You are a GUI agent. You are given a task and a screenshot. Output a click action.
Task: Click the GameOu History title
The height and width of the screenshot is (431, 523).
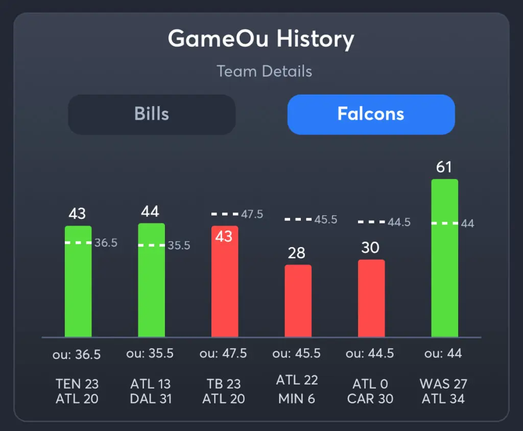pyautogui.click(x=261, y=39)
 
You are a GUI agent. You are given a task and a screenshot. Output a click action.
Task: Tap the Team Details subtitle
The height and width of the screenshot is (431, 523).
pyautogui.click(x=264, y=71)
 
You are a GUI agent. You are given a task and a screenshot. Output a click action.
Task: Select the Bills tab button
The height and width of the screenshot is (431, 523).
pyautogui.click(x=152, y=114)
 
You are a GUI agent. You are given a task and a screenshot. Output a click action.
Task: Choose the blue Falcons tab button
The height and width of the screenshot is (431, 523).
pyautogui.click(x=371, y=114)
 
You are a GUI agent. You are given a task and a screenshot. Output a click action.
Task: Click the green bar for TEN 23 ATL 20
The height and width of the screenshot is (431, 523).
pyautogui.click(x=78, y=286)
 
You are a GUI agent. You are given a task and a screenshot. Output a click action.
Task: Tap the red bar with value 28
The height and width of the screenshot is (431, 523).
pyautogui.click(x=298, y=302)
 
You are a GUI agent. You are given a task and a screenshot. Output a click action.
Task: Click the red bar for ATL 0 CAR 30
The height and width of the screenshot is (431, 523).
pyautogui.click(x=371, y=299)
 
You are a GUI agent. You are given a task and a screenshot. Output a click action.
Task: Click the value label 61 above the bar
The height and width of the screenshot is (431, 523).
pyautogui.click(x=444, y=167)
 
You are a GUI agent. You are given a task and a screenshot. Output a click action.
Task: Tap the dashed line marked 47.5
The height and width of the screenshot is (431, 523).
pyautogui.click(x=225, y=214)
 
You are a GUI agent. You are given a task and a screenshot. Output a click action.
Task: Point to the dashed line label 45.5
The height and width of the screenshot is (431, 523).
pyautogui.click(x=326, y=220)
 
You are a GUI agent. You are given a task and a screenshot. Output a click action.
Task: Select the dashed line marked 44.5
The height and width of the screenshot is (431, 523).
pyautogui.click(x=371, y=222)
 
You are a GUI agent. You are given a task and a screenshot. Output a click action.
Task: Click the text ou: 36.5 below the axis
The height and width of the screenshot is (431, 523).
pyautogui.click(x=78, y=354)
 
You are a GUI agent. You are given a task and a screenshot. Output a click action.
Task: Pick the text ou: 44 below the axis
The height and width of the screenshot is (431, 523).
pyautogui.click(x=443, y=353)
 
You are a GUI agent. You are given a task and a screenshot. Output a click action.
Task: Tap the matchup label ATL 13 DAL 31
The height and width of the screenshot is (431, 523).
pyautogui.click(x=151, y=391)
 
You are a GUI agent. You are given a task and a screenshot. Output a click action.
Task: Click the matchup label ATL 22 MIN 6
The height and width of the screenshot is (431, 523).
pyautogui.click(x=297, y=388)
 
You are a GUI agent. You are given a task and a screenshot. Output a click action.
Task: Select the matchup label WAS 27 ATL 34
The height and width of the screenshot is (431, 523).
pyautogui.click(x=443, y=391)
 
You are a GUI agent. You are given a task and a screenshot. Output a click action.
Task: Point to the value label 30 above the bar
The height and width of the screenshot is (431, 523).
pyautogui.click(x=370, y=248)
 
